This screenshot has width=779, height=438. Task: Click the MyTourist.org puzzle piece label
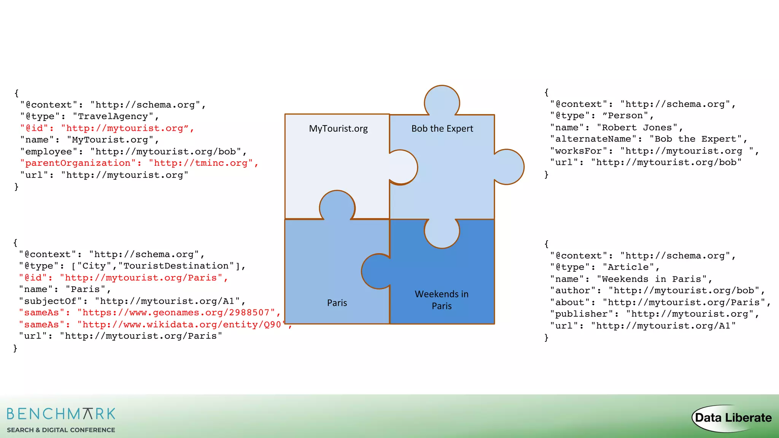(338, 129)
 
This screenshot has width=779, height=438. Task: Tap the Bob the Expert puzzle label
(442, 129)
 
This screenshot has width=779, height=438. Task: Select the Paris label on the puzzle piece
(337, 303)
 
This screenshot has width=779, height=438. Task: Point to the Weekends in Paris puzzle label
(442, 300)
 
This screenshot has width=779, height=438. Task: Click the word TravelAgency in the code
(113, 116)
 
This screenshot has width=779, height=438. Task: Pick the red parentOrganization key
(78, 163)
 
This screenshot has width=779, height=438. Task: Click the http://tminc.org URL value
(200, 163)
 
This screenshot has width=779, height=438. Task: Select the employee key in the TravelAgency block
(49, 152)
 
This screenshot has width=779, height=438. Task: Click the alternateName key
(593, 139)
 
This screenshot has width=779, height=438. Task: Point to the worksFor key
(579, 151)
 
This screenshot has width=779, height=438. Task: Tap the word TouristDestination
(176, 266)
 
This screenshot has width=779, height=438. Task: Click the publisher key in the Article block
(581, 314)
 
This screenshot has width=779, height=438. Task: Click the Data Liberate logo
(732, 418)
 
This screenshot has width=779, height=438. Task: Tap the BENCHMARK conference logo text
(61, 414)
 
